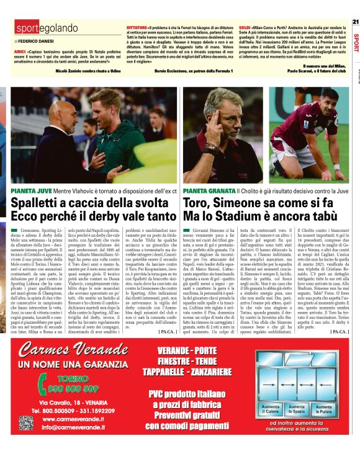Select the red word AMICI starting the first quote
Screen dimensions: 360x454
pyautogui.click(x=20, y=52)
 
